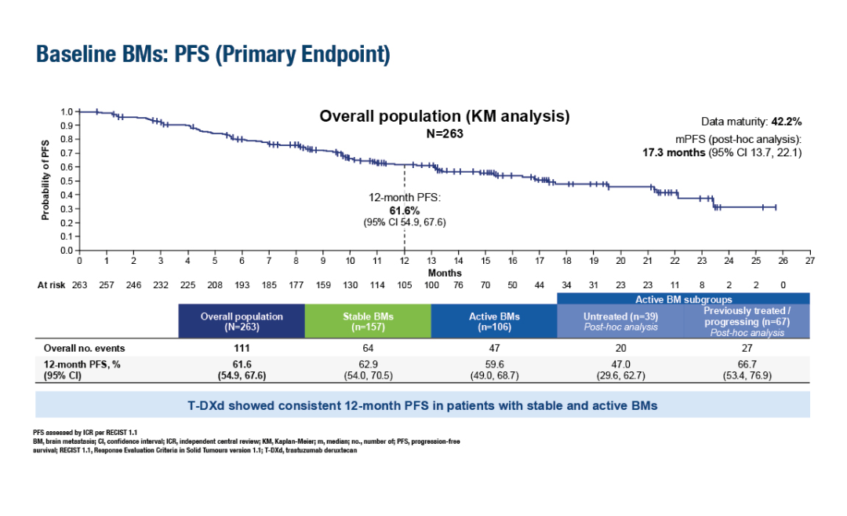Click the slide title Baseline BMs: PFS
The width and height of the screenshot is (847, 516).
(213, 55)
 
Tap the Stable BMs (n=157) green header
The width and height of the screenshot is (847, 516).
(368, 322)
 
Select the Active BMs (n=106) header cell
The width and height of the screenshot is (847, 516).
(494, 322)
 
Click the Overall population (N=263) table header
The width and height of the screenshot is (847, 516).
(242, 322)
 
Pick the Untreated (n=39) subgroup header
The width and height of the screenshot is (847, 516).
(619, 322)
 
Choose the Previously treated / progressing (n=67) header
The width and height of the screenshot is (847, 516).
(747, 322)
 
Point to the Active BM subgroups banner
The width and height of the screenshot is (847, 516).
(682, 298)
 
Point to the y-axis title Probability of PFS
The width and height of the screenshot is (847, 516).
(45, 181)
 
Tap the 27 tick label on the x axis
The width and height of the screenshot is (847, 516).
(809, 260)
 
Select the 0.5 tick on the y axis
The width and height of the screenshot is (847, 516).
(67, 181)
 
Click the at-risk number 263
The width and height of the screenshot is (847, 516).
(79, 285)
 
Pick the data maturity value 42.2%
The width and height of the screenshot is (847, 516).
(785, 121)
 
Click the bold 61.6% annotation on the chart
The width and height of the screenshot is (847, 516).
(405, 210)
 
